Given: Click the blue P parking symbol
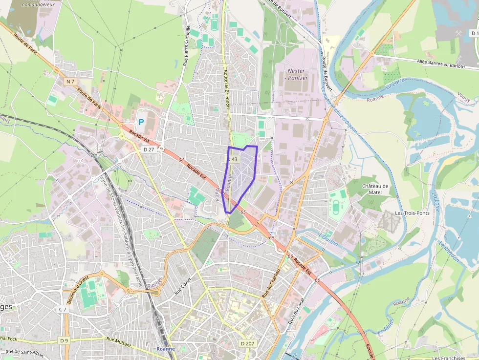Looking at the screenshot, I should [x=141, y=122].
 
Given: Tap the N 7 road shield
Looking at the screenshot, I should [x=71, y=81].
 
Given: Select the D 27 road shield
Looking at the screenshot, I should [x=149, y=149].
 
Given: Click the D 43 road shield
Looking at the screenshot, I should [x=233, y=159].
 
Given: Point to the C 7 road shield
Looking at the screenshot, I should [x=63, y=309].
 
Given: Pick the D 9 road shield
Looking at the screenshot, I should [x=64, y=340].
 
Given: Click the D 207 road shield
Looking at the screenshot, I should [x=247, y=343].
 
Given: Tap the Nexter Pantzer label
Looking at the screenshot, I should [x=297, y=74].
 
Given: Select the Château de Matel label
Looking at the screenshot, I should [x=375, y=189].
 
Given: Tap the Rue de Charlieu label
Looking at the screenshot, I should [x=271, y=283].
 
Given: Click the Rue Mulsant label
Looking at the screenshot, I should [x=119, y=342].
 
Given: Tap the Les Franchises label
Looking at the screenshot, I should [x=448, y=358].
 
